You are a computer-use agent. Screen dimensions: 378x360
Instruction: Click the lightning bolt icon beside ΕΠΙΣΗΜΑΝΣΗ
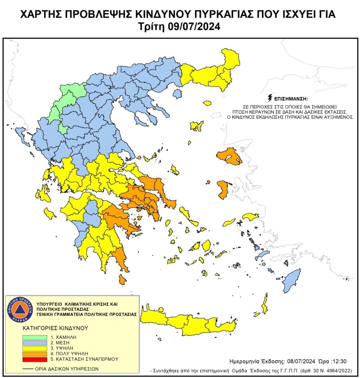tap(269, 98)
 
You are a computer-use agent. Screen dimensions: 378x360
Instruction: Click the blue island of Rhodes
tap(291, 279)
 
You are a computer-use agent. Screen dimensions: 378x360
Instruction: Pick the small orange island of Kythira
tap(122, 279)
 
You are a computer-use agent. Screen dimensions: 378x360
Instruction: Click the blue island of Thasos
tap(177, 94)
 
